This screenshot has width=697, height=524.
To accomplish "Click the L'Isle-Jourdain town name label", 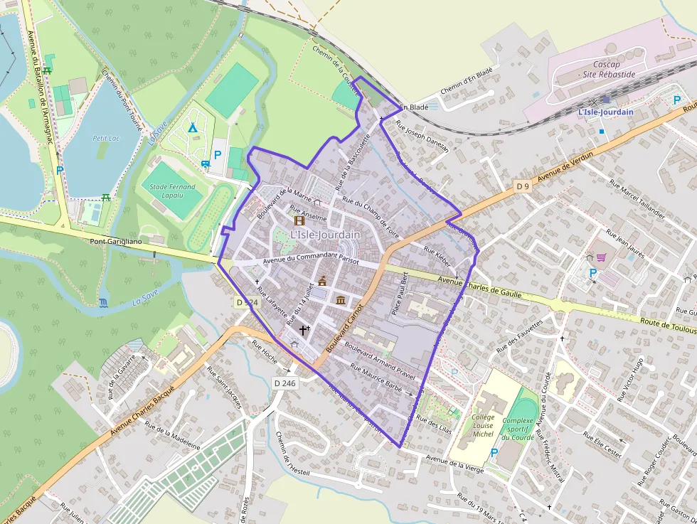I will pyautogui.click(x=325, y=235).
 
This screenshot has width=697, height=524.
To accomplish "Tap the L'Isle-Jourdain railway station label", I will pyautogui.click(x=605, y=112).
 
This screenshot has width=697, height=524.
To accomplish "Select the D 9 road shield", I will pyautogui.click(x=523, y=186).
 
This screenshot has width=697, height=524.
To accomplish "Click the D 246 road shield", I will pyautogui.click(x=284, y=383).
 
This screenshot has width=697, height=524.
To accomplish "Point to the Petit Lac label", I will pyautogui.click(x=105, y=139).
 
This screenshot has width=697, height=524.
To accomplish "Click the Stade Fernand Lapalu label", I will pyautogui.click(x=173, y=191).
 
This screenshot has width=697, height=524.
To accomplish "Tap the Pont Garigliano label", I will pyautogui.click(x=116, y=242).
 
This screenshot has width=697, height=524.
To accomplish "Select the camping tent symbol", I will pyautogui.click(x=192, y=128).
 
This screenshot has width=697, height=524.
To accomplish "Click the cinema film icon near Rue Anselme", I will pyautogui.click(x=299, y=221).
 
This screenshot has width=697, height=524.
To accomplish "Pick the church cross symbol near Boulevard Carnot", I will pyautogui.click(x=304, y=330).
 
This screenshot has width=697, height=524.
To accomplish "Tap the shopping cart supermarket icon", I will pyautogui.click(x=601, y=258).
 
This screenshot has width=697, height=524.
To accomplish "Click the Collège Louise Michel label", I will pyautogui.click(x=483, y=425).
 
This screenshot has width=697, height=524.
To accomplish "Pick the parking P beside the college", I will pyautogui.click(x=494, y=453).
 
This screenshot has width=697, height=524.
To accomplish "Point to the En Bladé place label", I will pyautogui.click(x=412, y=107).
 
